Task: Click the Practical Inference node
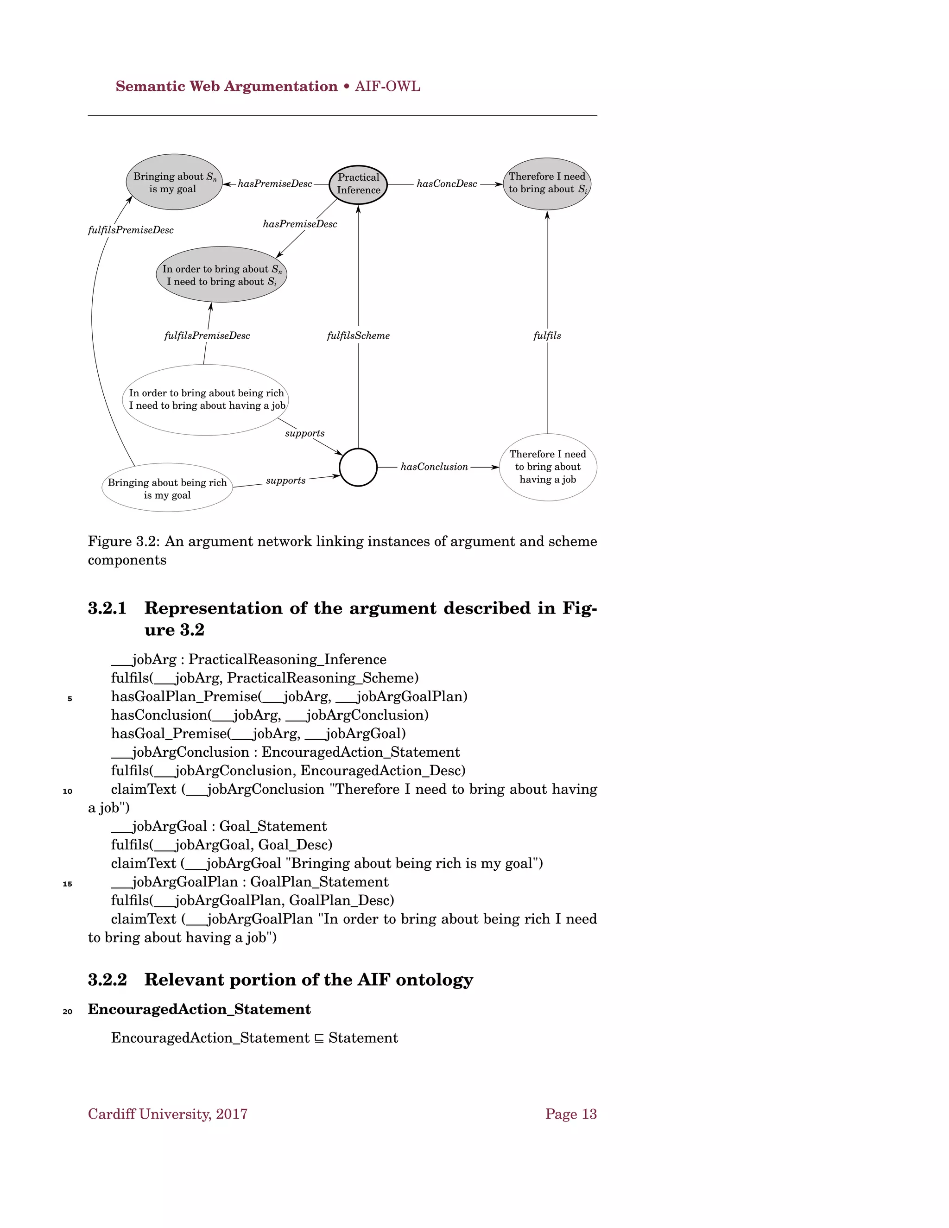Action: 358,184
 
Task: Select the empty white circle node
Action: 358,467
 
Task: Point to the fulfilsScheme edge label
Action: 358,335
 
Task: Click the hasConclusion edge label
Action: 434,467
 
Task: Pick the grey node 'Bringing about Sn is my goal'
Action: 174,182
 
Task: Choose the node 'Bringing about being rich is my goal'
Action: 167,488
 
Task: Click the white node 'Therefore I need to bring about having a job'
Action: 548,467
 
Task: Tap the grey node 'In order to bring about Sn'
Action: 221,274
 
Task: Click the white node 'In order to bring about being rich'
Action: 206,399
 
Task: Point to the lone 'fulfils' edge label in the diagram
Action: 547,335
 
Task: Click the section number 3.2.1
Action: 107,608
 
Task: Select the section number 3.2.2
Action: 107,980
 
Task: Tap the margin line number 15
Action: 68,884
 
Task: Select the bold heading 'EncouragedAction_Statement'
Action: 199,1009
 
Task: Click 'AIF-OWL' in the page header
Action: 387,87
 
